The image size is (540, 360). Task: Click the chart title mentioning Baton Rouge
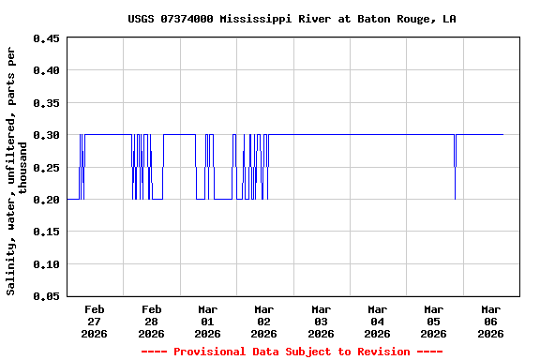point(292,19)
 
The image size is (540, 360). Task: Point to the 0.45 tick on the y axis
point(46,38)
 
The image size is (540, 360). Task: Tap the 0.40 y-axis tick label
point(46,70)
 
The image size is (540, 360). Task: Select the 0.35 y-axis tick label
point(46,103)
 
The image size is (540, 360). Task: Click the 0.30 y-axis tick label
point(46,135)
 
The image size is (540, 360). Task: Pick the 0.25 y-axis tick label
point(46,168)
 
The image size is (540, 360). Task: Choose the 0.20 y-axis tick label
point(46,200)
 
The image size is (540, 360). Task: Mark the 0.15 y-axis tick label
point(46,232)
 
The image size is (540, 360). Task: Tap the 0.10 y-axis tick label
point(46,264)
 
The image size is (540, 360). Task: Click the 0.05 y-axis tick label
point(46,296)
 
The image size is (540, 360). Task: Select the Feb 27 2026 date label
point(95,321)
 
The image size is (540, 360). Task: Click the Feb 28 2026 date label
point(151,321)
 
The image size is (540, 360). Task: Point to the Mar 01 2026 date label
point(207,321)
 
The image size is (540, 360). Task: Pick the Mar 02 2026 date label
point(263,321)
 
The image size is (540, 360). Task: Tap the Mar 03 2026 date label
point(321,321)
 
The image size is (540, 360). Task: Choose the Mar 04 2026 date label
point(377,321)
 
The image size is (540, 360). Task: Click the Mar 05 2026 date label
point(433,321)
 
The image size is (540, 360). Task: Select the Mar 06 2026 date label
point(490,321)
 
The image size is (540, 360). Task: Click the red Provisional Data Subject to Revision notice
point(292,352)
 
